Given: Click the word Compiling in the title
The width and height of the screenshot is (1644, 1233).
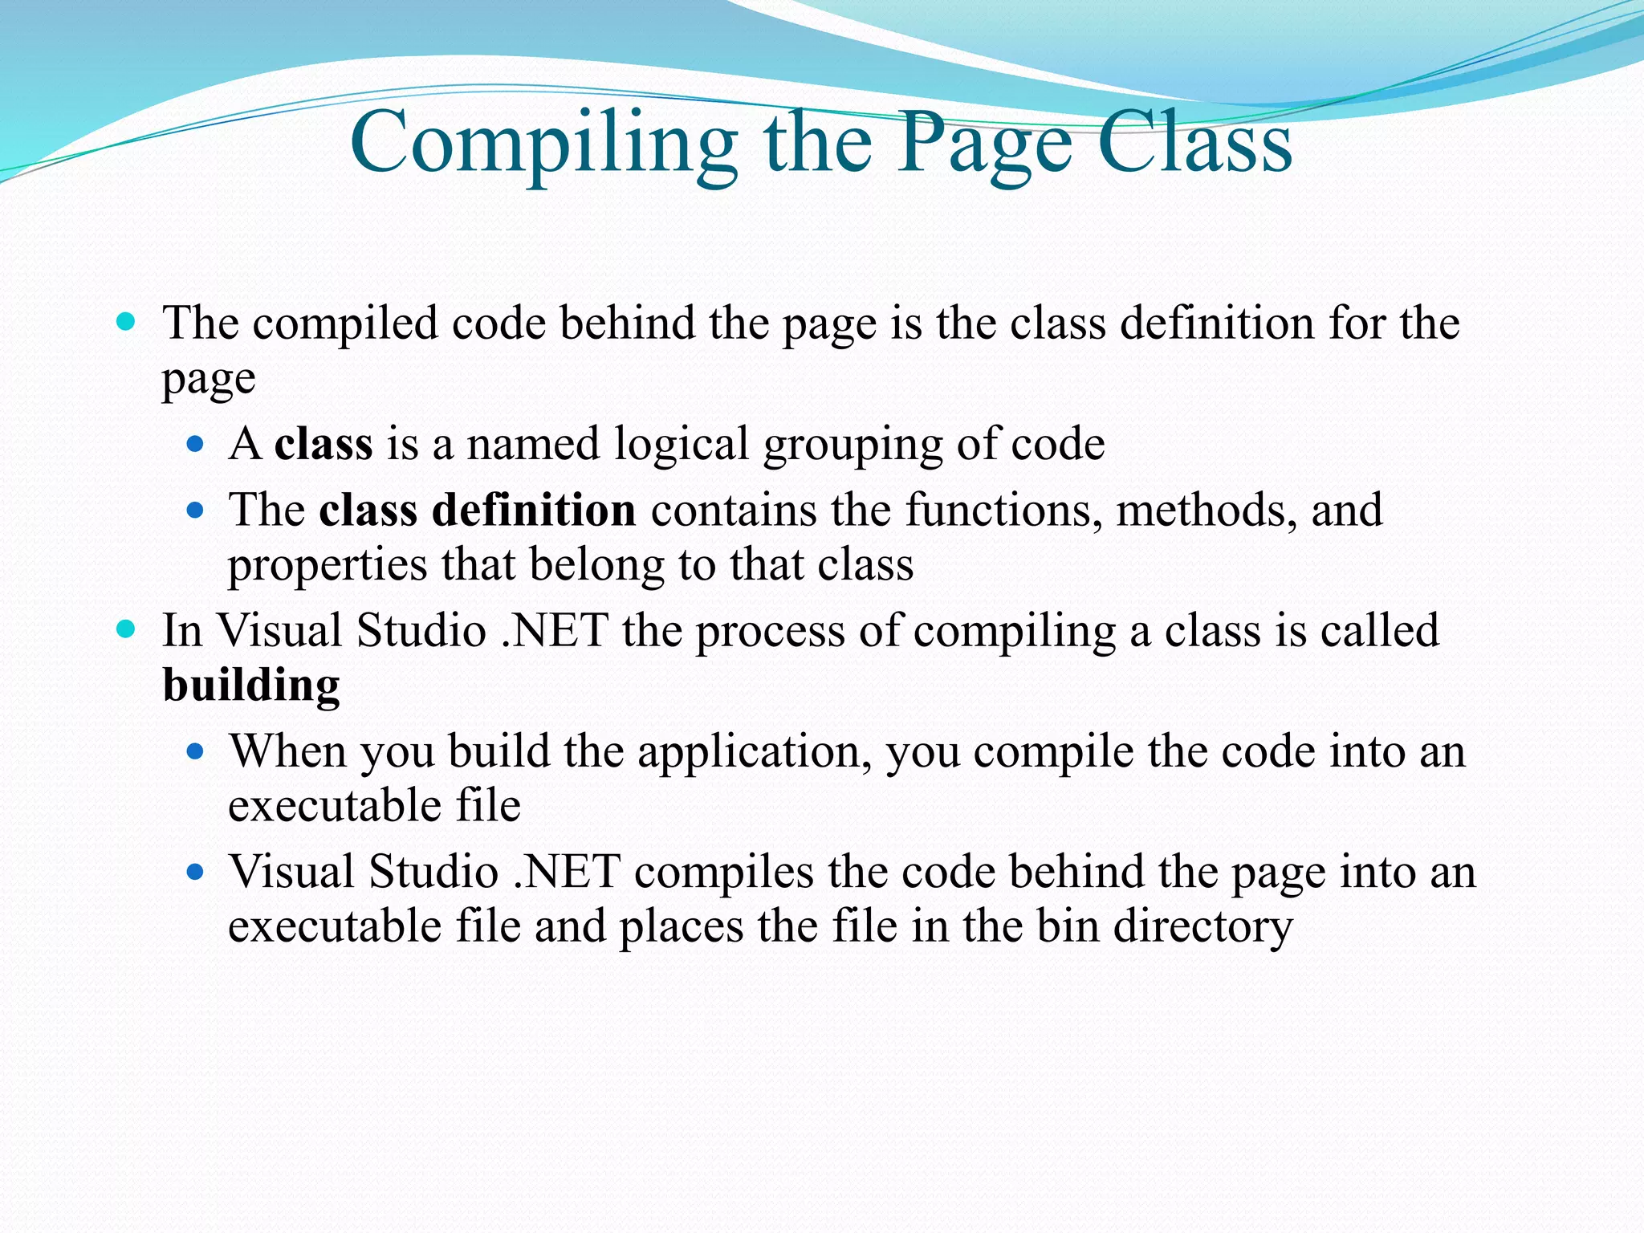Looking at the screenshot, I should point(543,144).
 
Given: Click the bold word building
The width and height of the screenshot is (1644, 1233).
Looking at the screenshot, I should point(251,686).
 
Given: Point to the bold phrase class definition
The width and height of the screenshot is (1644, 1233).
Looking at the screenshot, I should point(478,510).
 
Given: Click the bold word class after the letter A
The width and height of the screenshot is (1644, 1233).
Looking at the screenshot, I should point(324,444).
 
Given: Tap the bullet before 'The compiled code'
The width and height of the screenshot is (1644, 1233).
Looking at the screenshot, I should point(126,323).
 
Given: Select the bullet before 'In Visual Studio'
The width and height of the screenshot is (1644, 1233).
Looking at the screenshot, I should point(126,629).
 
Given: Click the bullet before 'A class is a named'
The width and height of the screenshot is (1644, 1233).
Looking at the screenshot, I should point(195,444).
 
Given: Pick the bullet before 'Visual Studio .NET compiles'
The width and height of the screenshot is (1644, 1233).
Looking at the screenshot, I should point(195,872).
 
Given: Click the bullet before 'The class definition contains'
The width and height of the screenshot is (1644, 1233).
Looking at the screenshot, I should point(195,510).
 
